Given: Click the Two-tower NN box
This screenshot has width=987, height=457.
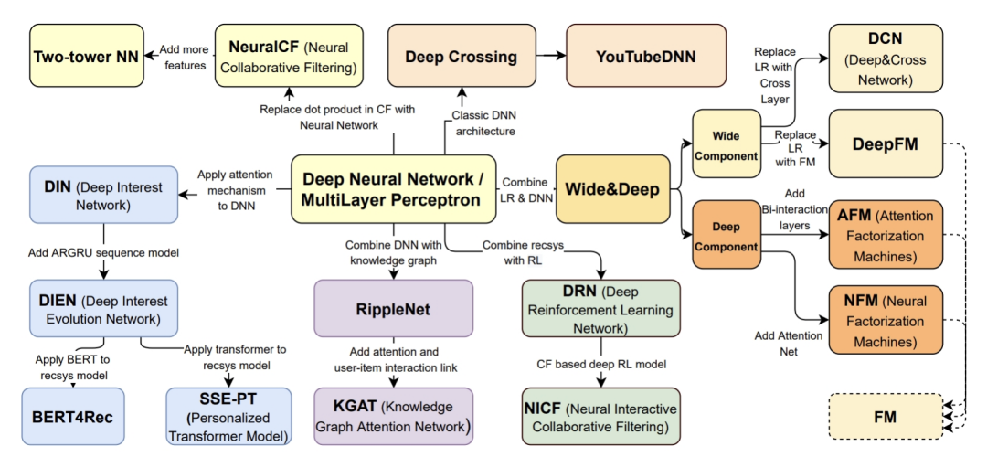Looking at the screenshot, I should pos(86,57).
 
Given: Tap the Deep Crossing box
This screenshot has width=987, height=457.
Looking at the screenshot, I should pos(462,57).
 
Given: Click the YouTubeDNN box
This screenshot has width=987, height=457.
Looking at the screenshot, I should pos(646,57).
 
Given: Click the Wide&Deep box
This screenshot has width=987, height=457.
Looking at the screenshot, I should pos(612,190).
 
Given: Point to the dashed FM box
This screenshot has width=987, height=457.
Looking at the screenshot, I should pos(884,417).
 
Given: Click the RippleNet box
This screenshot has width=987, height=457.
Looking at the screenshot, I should pos(393,310).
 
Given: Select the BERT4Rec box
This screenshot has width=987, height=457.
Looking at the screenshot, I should pos(77,416).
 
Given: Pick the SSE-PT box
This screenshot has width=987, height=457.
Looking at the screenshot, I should pos(228,416).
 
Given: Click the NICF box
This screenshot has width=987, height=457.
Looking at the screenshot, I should pos(601,415).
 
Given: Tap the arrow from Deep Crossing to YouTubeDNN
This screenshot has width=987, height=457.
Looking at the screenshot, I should pos(550,57).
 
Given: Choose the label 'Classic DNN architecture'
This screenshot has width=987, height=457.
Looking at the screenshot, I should pos(482,123).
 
